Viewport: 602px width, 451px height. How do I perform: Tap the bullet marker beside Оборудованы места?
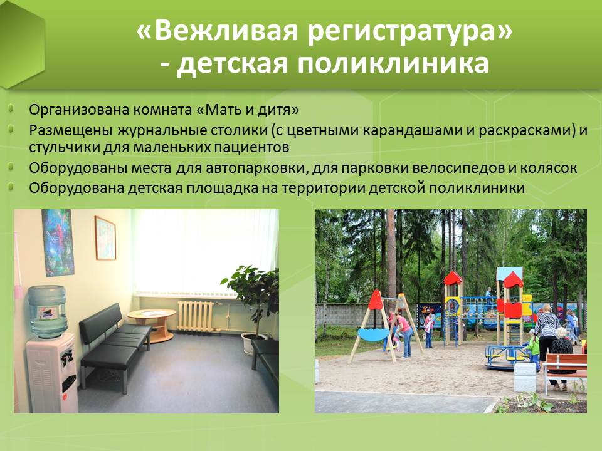coord(11,167)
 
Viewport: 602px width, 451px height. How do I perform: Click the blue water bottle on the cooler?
coord(48,311)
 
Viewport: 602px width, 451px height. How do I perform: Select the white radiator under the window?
coord(196,316)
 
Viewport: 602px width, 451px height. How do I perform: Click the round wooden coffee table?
coord(152,324)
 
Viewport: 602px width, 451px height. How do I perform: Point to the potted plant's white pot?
coord(253,343)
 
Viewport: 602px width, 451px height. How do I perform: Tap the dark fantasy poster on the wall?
coord(58,242)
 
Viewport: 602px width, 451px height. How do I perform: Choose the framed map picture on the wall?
coord(105,238)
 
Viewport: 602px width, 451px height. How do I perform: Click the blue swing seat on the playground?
coord(374,334)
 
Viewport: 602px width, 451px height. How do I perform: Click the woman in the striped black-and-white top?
coord(547,333)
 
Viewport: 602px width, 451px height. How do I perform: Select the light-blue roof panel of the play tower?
coord(509,274)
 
